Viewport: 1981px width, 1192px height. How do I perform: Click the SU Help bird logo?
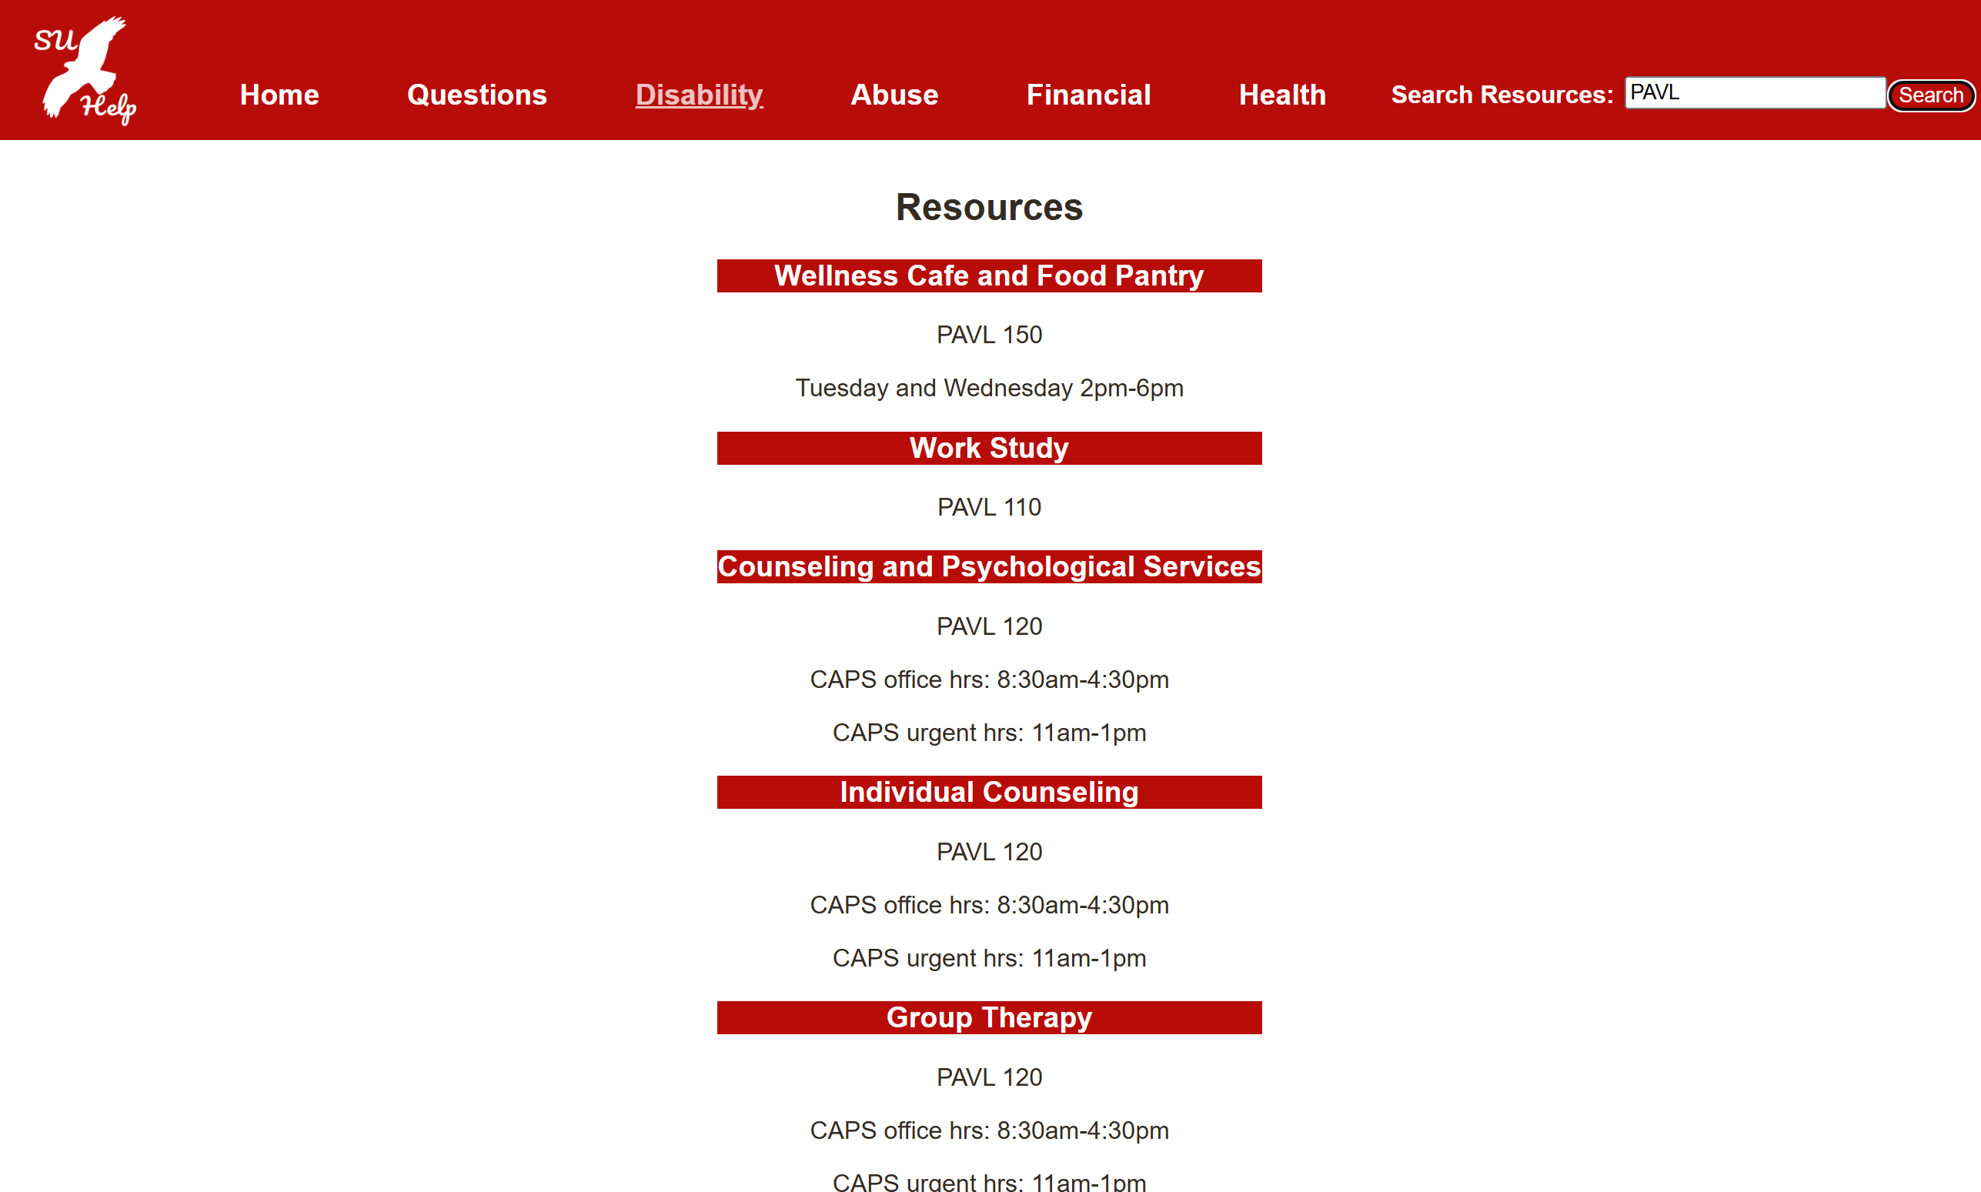point(85,71)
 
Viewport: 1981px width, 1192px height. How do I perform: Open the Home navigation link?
point(279,95)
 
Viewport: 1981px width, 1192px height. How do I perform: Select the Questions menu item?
point(476,95)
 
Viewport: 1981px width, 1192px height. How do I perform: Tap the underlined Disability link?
point(699,95)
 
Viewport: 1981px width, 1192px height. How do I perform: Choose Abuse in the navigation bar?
point(894,95)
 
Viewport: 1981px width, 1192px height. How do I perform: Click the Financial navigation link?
point(1088,95)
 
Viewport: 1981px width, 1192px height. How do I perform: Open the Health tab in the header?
point(1282,95)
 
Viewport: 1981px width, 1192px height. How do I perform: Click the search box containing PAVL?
point(1755,93)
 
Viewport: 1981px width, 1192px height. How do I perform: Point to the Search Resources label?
point(1502,95)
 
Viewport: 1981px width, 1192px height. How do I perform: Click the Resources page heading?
point(989,207)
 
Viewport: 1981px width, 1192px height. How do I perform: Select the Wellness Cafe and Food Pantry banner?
point(989,275)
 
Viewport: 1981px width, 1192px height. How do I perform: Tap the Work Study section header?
point(989,448)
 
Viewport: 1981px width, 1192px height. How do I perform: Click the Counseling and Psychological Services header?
point(989,567)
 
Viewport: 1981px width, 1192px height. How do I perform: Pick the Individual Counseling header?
point(989,792)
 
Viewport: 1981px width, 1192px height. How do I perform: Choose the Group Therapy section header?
point(989,1017)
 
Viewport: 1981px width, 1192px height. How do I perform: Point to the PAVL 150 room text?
point(989,335)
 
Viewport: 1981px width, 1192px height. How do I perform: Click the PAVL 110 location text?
point(989,508)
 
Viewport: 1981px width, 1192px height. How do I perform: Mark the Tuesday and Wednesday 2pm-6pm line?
point(989,388)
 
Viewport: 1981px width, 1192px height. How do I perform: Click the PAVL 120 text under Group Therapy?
point(989,1077)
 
